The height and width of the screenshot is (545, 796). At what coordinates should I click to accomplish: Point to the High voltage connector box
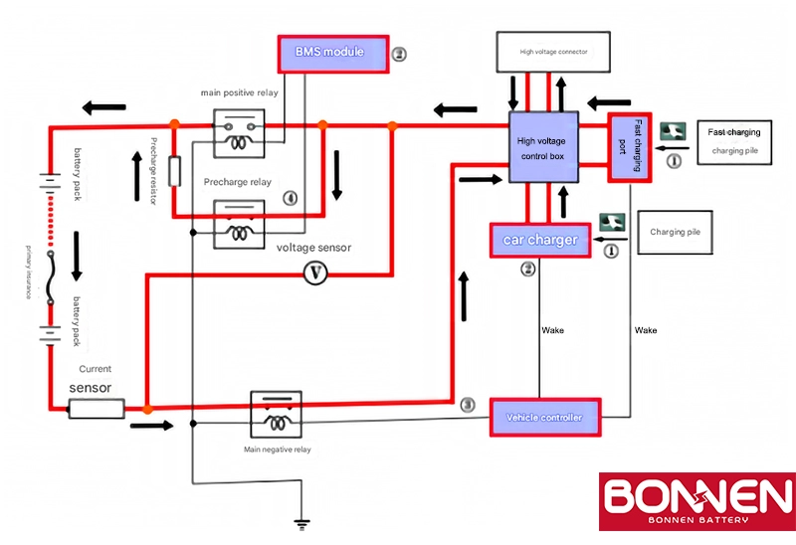[552, 51]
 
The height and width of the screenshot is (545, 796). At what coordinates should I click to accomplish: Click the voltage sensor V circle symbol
[314, 272]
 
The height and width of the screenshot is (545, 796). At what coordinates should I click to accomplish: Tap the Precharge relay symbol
[241, 222]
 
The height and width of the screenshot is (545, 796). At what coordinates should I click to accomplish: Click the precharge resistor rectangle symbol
[174, 171]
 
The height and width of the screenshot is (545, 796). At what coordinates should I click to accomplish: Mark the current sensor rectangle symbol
[97, 408]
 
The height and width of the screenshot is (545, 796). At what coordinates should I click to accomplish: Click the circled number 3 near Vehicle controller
[468, 405]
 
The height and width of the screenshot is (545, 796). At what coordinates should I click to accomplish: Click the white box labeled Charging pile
[679, 232]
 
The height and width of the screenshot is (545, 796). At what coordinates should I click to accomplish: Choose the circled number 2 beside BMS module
[399, 54]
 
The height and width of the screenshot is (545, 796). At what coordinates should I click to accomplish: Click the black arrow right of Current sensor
[150, 426]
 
